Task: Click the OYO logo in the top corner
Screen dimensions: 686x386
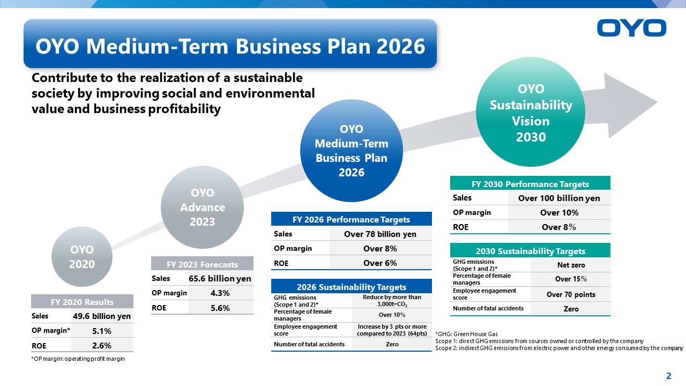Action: coord(631,28)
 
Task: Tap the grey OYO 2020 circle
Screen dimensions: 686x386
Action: coord(82,257)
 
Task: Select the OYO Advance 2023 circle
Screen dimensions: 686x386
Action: coord(202,207)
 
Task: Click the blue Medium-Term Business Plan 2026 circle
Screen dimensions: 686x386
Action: coord(351,151)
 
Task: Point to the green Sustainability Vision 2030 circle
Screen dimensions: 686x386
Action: coord(531,112)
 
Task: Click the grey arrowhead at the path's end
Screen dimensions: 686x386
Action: coord(628,105)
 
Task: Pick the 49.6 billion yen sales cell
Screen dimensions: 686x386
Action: coord(102,316)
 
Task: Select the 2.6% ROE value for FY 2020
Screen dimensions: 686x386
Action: coord(102,345)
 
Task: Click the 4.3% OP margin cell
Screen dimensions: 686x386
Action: coord(220,293)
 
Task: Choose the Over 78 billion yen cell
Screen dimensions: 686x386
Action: coord(381,234)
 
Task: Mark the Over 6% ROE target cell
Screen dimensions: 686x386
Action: coord(381,263)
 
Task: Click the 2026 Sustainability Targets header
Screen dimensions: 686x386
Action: coord(351,286)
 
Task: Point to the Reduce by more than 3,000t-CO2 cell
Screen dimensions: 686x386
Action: coord(392,301)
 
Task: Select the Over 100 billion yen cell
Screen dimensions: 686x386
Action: coord(559,198)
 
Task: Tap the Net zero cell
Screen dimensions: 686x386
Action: coord(571,265)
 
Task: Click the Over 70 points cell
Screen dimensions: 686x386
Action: coord(571,294)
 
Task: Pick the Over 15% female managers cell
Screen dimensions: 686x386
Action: coord(571,279)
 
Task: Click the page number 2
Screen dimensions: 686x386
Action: coord(668,376)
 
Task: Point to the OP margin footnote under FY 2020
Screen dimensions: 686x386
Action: coord(78,359)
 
